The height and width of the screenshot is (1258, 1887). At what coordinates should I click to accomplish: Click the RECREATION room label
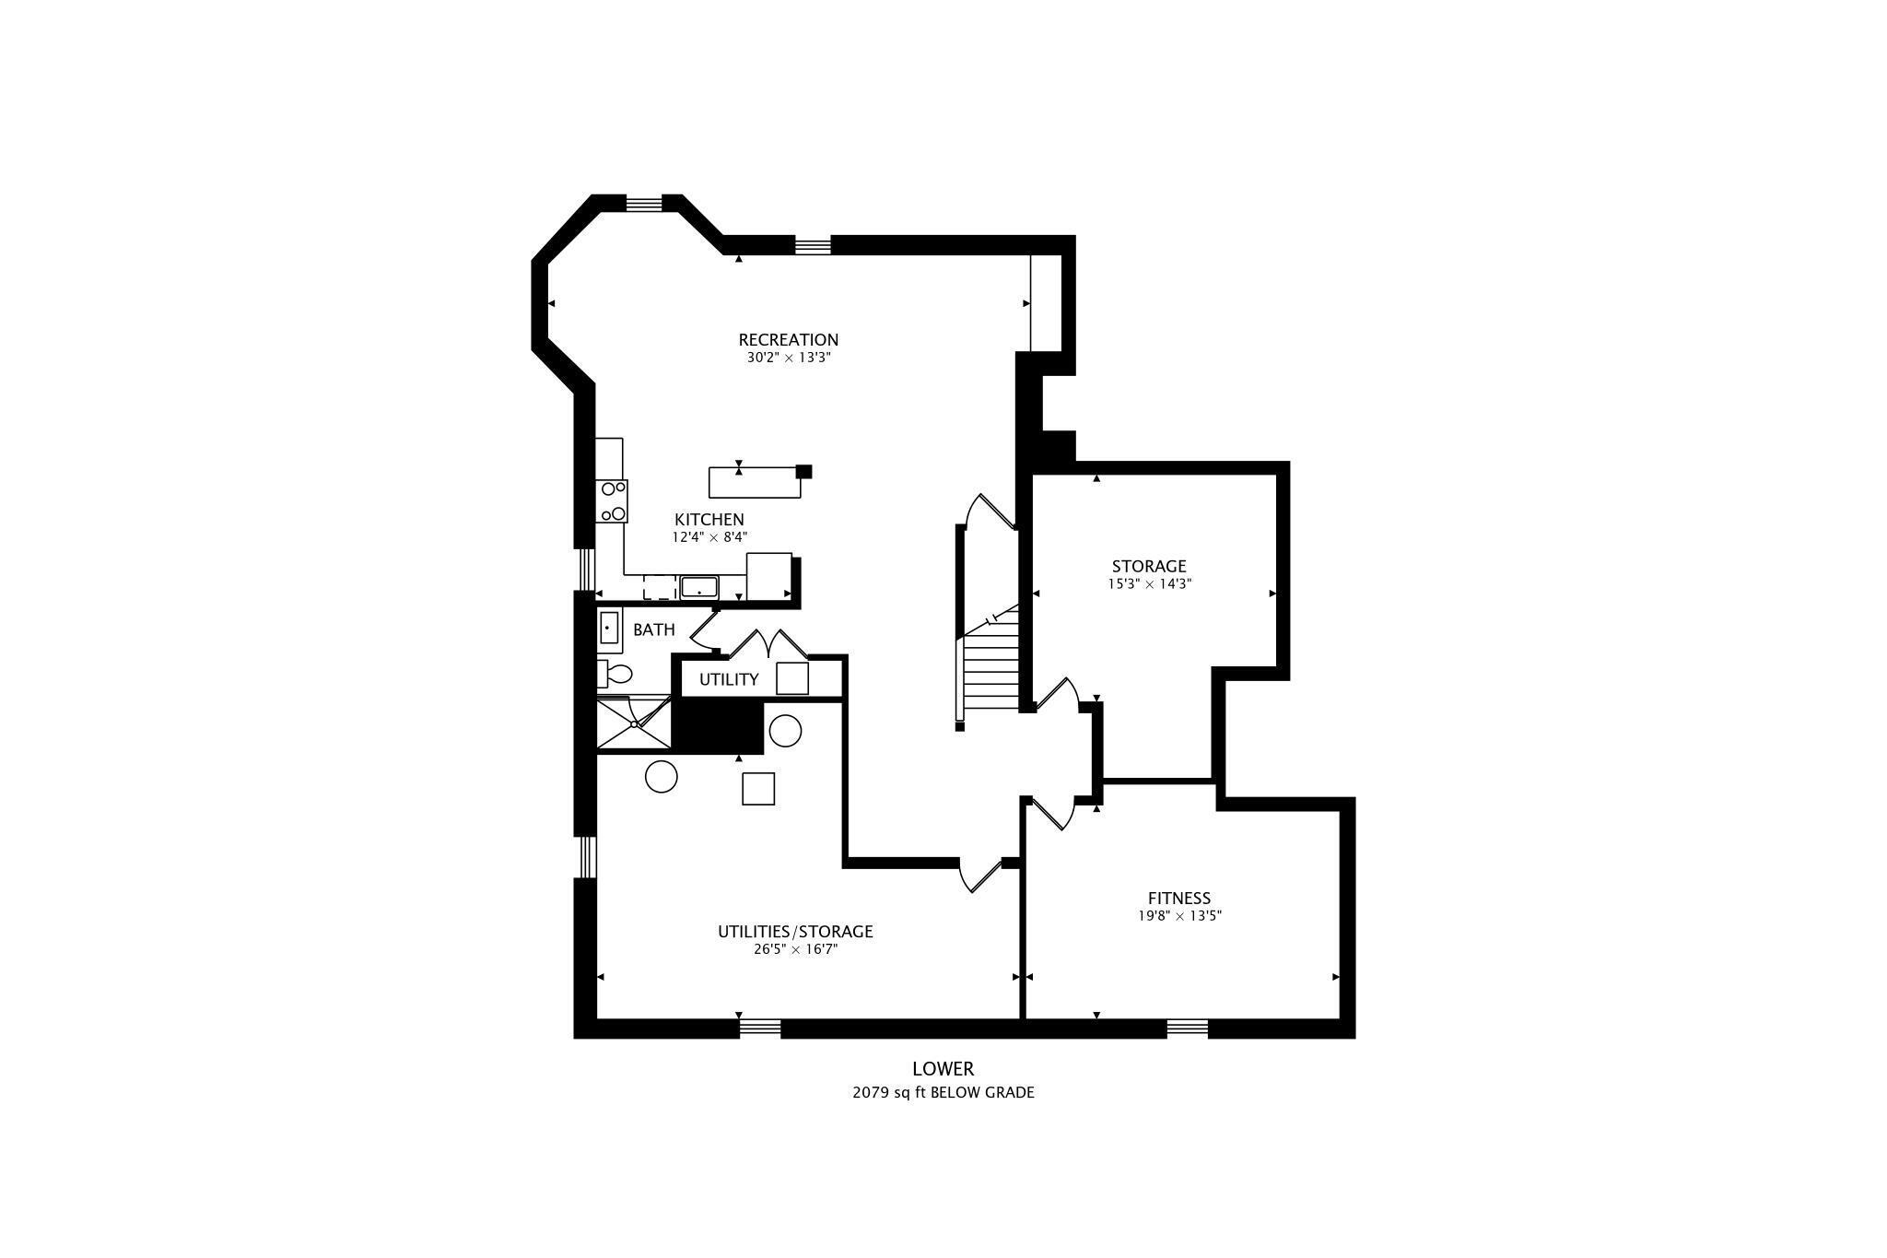(788, 340)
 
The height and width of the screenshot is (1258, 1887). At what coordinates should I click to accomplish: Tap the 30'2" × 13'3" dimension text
(789, 358)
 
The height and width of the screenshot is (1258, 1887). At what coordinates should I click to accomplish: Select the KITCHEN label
(709, 520)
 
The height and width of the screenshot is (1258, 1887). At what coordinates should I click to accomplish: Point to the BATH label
(654, 630)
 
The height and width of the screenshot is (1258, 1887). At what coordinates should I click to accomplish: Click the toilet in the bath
(615, 674)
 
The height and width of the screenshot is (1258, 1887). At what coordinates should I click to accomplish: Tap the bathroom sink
(608, 628)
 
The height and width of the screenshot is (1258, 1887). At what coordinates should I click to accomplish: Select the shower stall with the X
(635, 723)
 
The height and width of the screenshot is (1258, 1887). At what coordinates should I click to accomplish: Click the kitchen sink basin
(699, 586)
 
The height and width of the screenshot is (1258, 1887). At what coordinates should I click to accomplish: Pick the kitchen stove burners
(613, 500)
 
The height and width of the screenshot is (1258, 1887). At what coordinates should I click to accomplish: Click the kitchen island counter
(755, 482)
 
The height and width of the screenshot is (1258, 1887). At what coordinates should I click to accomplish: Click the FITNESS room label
(1178, 899)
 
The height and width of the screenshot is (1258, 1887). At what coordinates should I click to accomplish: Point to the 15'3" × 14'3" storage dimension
(1149, 583)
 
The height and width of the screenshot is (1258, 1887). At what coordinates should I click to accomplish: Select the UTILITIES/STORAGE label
(795, 932)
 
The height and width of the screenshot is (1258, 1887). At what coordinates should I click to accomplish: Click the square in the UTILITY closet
(792, 678)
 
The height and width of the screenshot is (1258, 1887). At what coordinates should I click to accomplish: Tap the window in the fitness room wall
(1188, 1028)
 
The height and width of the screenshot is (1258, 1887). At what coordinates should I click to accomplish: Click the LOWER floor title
(943, 1069)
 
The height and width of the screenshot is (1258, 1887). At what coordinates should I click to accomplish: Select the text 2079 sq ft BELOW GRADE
(943, 1093)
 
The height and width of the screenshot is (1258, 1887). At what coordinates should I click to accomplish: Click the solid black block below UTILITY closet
(719, 727)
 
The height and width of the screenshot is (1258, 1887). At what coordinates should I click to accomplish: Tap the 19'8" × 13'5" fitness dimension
(1179, 916)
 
